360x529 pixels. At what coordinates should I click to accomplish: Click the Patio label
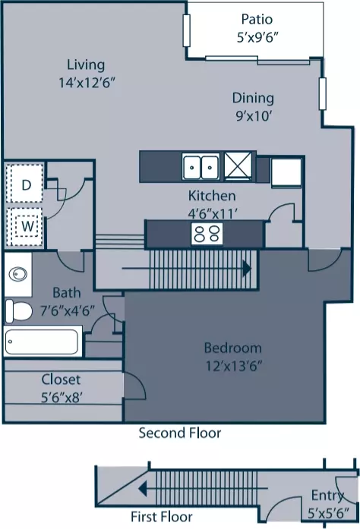tap(257, 19)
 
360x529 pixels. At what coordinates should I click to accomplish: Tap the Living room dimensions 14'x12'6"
tap(87, 83)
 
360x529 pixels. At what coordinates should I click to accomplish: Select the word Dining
tap(253, 98)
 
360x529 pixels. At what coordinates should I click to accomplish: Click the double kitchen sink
tap(201, 167)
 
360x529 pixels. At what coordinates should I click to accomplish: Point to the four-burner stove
tap(207, 234)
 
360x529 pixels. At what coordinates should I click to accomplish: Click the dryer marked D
tap(24, 184)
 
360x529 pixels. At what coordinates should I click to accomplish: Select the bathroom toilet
tap(18, 310)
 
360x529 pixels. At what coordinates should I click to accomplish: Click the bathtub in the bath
tap(43, 342)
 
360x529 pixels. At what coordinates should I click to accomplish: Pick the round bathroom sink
tap(18, 274)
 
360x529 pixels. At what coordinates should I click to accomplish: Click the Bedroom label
tap(232, 348)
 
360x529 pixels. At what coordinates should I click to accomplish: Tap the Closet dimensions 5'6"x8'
tap(62, 398)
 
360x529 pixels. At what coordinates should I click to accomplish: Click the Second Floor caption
tap(180, 433)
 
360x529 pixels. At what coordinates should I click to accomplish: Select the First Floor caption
tap(162, 517)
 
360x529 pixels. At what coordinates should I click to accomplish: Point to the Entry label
tap(327, 496)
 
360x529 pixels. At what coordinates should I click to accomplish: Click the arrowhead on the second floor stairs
tap(248, 269)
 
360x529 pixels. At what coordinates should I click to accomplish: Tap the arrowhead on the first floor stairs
tap(143, 488)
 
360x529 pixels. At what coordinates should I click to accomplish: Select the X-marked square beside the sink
tap(238, 165)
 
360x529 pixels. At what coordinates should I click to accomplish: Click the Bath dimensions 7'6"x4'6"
tap(67, 310)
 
